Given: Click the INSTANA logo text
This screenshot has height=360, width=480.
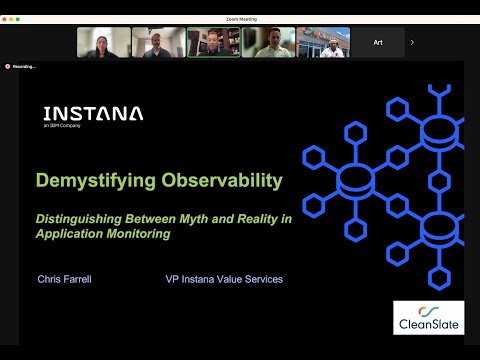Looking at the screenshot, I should point(93,113).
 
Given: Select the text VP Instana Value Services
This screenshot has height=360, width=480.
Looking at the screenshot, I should point(224,278).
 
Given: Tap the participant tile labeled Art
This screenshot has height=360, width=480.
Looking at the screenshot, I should point(378,42).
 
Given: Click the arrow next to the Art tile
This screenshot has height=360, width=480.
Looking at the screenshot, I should point(412,42).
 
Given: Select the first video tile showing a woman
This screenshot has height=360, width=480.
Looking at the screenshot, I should point(103,42).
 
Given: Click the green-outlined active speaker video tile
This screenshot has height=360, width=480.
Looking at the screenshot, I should point(213,42).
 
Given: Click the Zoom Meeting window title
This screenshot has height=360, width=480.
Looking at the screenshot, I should point(240,18).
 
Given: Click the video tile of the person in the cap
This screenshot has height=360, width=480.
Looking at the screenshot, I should point(323,42).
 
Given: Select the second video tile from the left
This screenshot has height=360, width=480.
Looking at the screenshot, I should point(158,42).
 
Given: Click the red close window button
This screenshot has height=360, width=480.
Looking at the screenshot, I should point(6,18).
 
